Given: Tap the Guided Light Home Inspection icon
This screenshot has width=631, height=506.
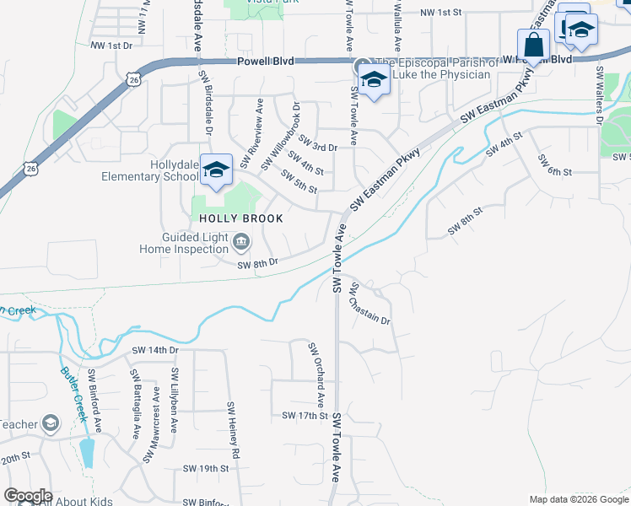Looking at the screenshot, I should click(x=241, y=243).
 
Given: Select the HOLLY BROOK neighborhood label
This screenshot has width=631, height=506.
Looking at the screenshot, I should click(x=240, y=218).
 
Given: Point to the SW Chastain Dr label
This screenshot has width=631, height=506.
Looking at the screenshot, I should click(x=371, y=304).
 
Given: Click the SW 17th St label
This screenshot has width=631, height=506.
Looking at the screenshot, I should click(x=305, y=416).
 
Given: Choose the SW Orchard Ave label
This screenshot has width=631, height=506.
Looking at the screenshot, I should click(x=316, y=374).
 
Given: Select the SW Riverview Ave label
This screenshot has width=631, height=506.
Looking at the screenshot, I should click(x=252, y=133).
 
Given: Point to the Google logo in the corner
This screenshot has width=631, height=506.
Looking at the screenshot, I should click(x=27, y=496).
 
